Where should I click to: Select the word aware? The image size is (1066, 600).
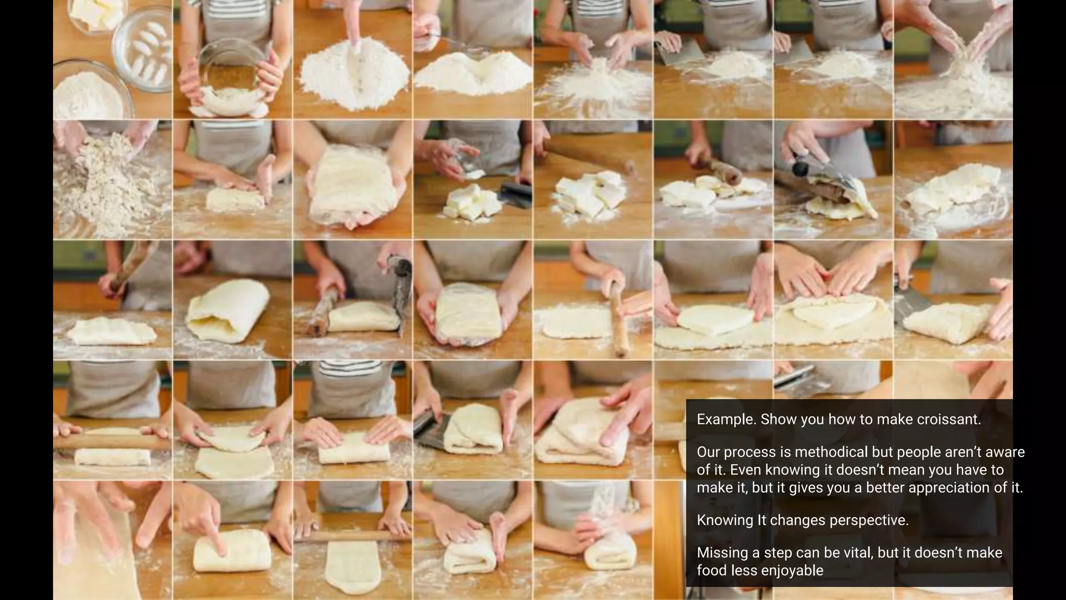pyautogui.click(x=1003, y=452)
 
